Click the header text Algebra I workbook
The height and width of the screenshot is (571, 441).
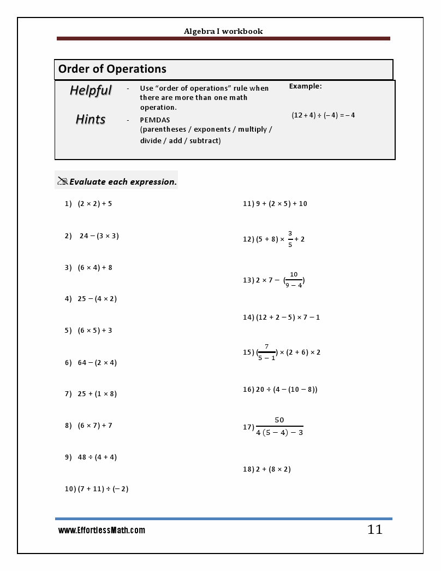(223, 31)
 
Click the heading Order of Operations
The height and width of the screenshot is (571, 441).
(112, 69)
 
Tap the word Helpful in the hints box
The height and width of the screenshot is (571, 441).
(91, 90)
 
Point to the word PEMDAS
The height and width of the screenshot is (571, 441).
(155, 120)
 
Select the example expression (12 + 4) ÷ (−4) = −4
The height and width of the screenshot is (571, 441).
(323, 115)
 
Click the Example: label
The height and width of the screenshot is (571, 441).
(305, 86)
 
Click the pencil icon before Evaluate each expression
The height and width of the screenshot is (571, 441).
(62, 181)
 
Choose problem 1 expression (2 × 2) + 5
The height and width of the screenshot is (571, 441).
(94, 204)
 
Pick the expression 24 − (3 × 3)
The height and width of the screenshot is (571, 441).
(99, 236)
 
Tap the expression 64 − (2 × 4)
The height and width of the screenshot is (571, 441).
(97, 363)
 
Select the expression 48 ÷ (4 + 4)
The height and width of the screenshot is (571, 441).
(97, 457)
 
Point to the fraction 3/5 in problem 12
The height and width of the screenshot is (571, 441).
(290, 239)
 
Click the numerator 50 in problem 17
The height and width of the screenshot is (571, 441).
(279, 420)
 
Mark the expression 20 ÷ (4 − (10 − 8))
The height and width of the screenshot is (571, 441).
(287, 390)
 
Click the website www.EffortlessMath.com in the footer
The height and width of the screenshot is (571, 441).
(102, 531)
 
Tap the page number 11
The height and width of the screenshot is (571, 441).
(374, 530)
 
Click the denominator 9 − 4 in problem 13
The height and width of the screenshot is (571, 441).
(294, 285)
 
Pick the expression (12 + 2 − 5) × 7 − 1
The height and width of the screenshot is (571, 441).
(288, 317)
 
